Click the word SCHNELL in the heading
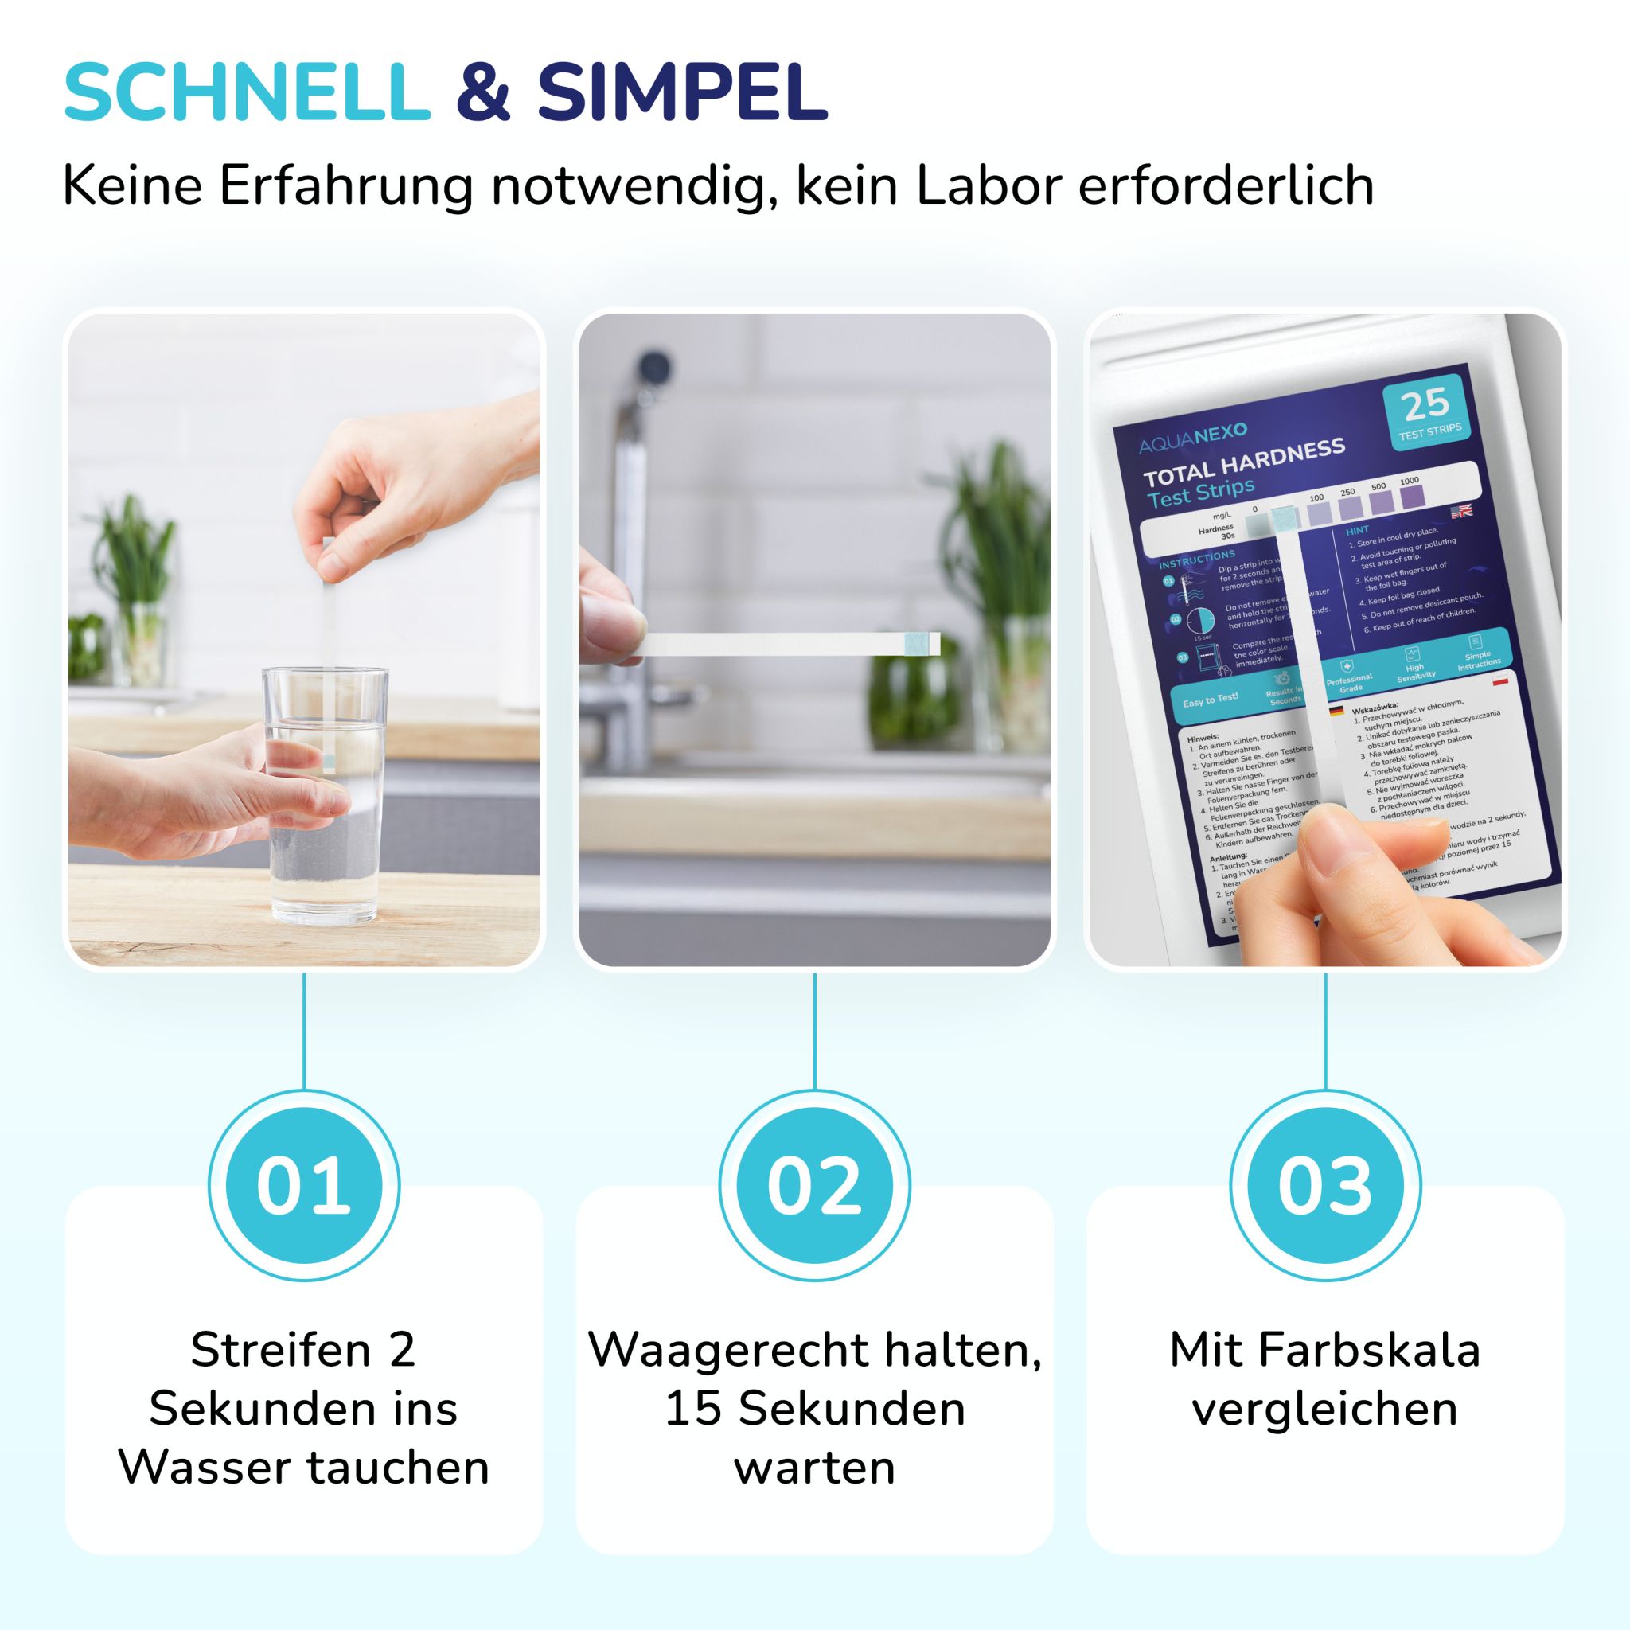point(247,93)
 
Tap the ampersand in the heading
point(483,93)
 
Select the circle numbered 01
point(304,1185)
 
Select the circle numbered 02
point(814,1185)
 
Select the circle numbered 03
point(1324,1185)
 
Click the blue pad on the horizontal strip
point(921,643)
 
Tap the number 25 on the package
point(1425,406)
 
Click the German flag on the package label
point(1336,712)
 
